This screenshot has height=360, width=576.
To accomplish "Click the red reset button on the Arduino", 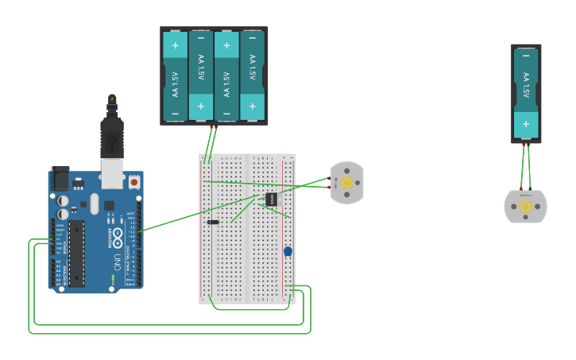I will click(134, 182).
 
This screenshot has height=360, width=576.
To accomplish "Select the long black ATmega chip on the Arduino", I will click(76, 254).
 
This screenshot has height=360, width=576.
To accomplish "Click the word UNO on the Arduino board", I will click(116, 261).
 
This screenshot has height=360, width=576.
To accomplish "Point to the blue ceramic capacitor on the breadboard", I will click(288, 252).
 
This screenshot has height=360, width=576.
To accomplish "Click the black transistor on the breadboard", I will click(271, 199).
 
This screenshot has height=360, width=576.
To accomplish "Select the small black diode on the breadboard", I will click(213, 222).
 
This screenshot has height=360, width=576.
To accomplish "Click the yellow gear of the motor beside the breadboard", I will click(346, 182).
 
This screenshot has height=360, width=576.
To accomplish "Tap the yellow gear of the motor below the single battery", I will click(525, 207).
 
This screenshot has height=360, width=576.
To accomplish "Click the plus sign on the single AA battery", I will click(525, 124).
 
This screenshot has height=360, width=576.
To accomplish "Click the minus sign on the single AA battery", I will click(525, 56).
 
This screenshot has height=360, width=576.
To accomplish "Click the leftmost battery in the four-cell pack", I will click(176, 76).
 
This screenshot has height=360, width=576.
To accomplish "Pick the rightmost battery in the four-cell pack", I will click(252, 76).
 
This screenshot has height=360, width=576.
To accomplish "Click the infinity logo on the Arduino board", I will click(117, 236).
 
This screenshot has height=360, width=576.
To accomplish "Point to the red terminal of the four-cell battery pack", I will click(211, 127).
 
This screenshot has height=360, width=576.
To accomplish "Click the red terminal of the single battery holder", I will click(524, 145).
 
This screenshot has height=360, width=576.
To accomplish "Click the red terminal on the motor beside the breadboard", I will click(329, 188).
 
